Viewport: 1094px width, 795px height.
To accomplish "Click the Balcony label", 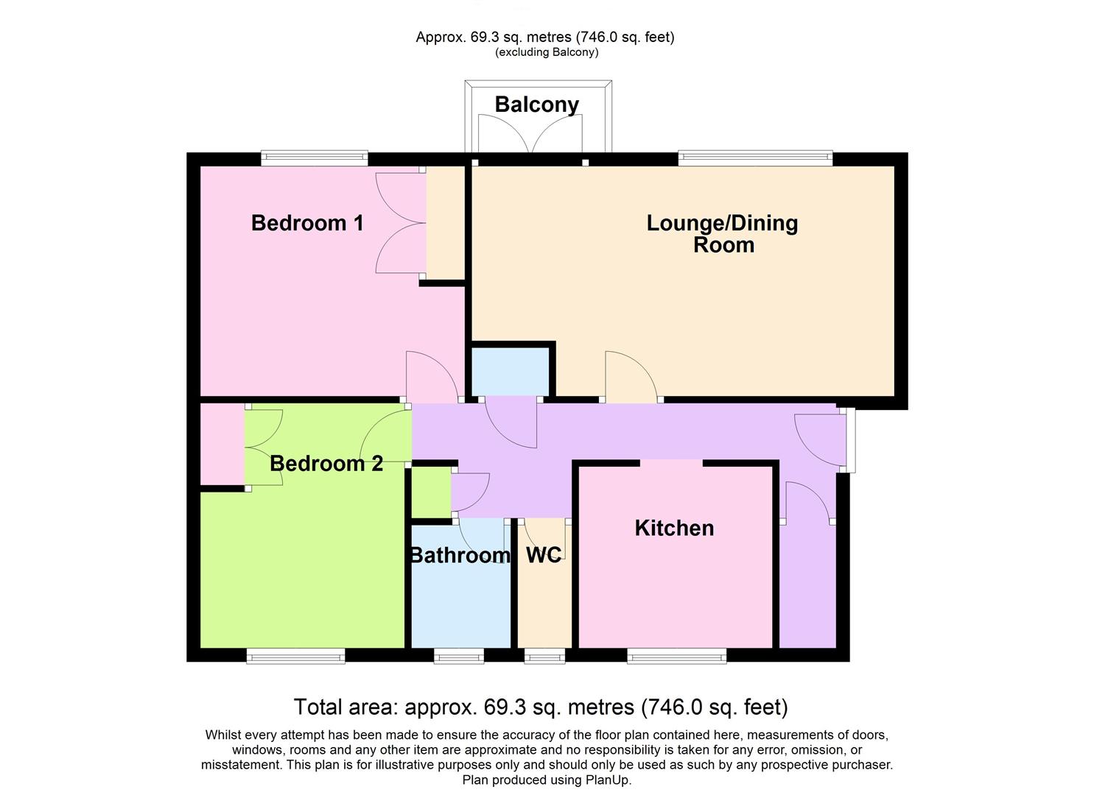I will point(536,105).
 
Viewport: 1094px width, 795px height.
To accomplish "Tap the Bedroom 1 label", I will point(307,223).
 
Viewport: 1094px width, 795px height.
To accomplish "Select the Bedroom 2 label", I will point(326,464).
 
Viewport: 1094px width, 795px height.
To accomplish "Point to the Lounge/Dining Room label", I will point(722,233).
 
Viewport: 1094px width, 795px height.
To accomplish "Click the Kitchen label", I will point(674,528).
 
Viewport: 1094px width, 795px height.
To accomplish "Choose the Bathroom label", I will point(460,555).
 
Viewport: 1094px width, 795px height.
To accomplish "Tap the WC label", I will point(544,555).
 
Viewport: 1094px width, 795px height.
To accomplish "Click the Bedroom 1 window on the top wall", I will point(314,157).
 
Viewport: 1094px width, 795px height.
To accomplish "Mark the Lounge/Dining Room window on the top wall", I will point(755,157).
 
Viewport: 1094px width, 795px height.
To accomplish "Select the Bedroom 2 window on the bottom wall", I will point(295,655).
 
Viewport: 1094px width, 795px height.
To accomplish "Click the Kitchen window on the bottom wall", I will point(676,655).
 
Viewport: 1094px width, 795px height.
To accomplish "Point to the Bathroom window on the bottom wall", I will point(459,655).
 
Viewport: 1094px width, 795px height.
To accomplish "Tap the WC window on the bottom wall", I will point(544,655).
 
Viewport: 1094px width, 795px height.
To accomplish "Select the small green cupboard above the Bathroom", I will point(430,492).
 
